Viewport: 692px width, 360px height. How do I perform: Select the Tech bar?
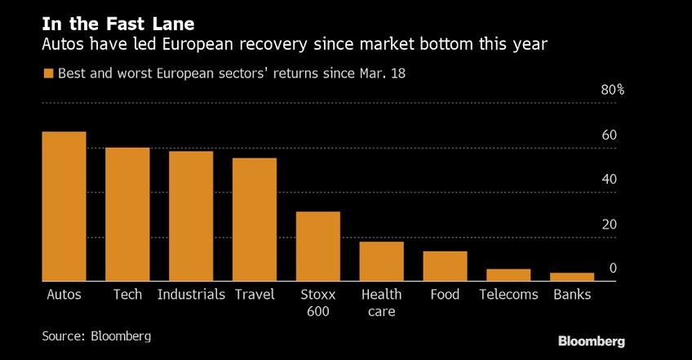click(127, 215)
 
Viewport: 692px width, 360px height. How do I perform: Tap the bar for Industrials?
click(191, 216)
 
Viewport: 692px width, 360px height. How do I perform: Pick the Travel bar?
click(255, 220)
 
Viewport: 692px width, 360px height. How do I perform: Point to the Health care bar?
click(381, 261)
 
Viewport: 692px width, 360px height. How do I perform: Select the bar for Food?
click(445, 266)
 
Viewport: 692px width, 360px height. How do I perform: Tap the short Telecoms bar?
click(508, 275)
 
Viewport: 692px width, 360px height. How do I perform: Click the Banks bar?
click(571, 277)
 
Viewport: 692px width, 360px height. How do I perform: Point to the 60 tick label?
click(609, 136)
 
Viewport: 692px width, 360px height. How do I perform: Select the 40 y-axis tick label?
click(609, 180)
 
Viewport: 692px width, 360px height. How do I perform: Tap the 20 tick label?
click(609, 224)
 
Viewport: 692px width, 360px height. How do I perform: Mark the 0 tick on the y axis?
click(613, 269)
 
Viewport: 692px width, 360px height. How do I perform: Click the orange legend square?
click(48, 73)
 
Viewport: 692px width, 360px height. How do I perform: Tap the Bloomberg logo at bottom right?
click(592, 340)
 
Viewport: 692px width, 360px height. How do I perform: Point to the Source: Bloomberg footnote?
click(96, 336)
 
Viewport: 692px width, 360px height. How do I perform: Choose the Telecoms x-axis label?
click(508, 295)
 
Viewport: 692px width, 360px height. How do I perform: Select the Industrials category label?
click(191, 295)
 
